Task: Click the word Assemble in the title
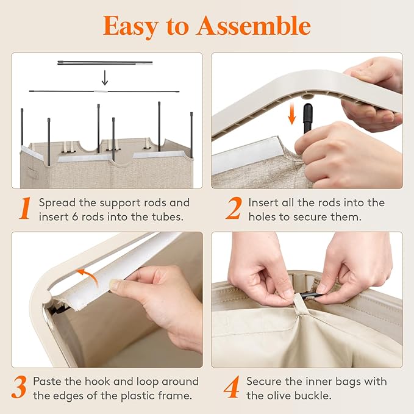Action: pyautogui.click(x=254, y=26)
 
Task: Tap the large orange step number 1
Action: pyautogui.click(x=25, y=209)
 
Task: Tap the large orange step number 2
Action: pyautogui.click(x=234, y=209)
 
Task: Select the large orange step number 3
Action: pyautogui.click(x=19, y=387)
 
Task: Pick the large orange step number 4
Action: pyautogui.click(x=232, y=387)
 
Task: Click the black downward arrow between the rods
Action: pyautogui.click(x=105, y=77)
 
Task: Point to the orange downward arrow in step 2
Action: pyautogui.click(x=292, y=113)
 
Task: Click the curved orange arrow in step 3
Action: pyautogui.click(x=87, y=277)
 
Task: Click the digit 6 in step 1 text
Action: pyautogui.click(x=75, y=217)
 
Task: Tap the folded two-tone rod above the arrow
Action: pyautogui.click(x=105, y=63)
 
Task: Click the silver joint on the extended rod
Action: pyautogui.click(x=101, y=91)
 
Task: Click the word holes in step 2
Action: pyautogui.click(x=262, y=217)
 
